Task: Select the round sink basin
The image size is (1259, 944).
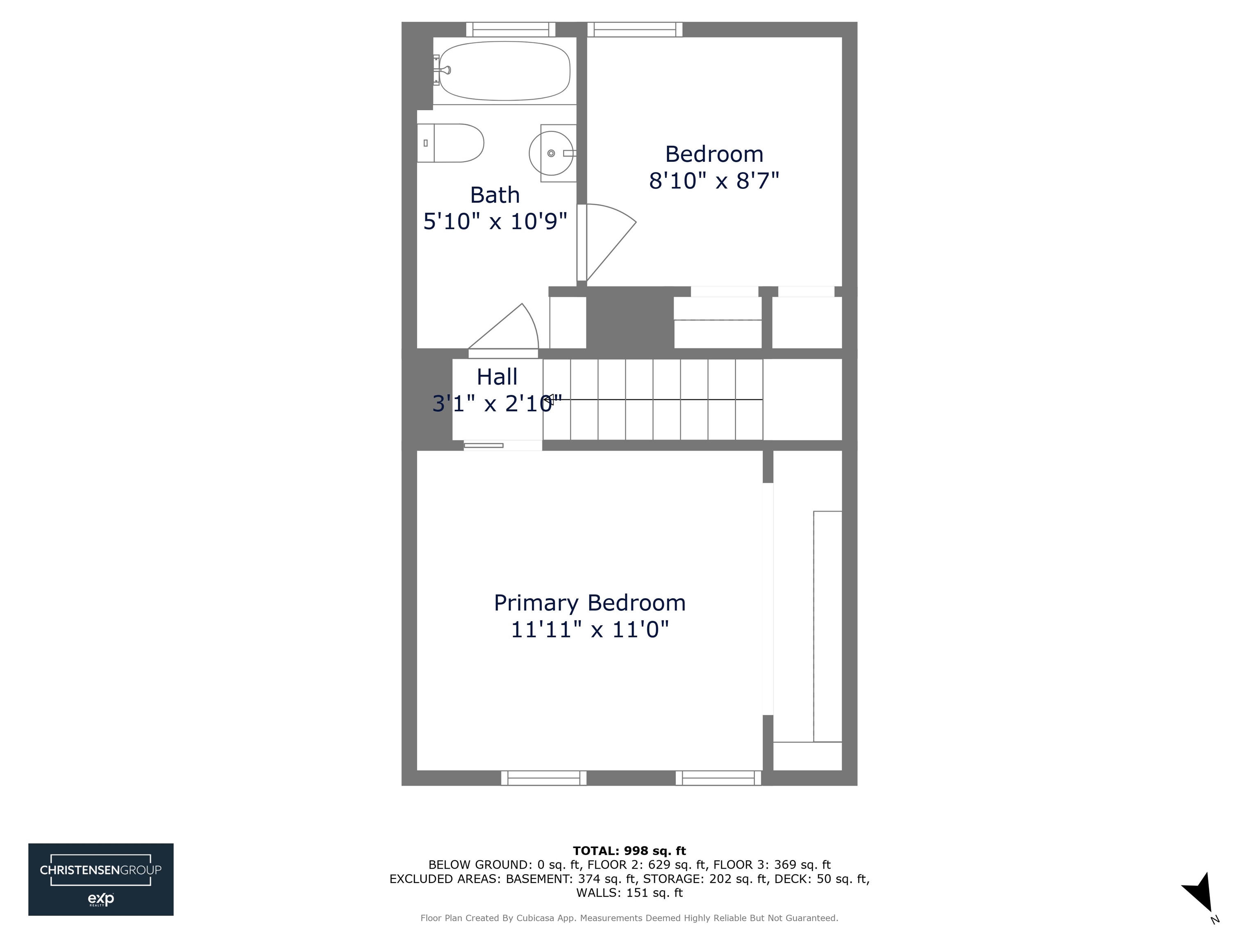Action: coord(551,153)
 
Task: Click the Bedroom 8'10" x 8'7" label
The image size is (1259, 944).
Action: coord(714,167)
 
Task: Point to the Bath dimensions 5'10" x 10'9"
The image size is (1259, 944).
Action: coord(495,221)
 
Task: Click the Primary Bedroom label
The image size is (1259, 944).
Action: coord(590,603)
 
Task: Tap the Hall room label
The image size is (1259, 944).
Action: coord(497,377)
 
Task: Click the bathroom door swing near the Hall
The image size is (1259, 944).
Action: coord(507,330)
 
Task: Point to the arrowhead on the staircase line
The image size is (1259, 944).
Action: coord(548,400)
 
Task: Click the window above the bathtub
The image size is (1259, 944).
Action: coord(511,29)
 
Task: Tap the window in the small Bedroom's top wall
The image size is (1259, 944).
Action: coord(634,29)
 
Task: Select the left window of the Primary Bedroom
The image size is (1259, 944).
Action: coord(543,778)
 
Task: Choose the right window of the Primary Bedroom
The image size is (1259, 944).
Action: coord(718,778)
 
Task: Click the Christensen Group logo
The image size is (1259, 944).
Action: coord(101,879)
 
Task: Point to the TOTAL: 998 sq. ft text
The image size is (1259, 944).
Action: coord(629,851)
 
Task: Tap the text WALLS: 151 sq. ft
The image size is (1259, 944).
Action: coord(629,893)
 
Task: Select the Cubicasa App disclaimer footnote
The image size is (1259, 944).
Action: coord(629,918)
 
